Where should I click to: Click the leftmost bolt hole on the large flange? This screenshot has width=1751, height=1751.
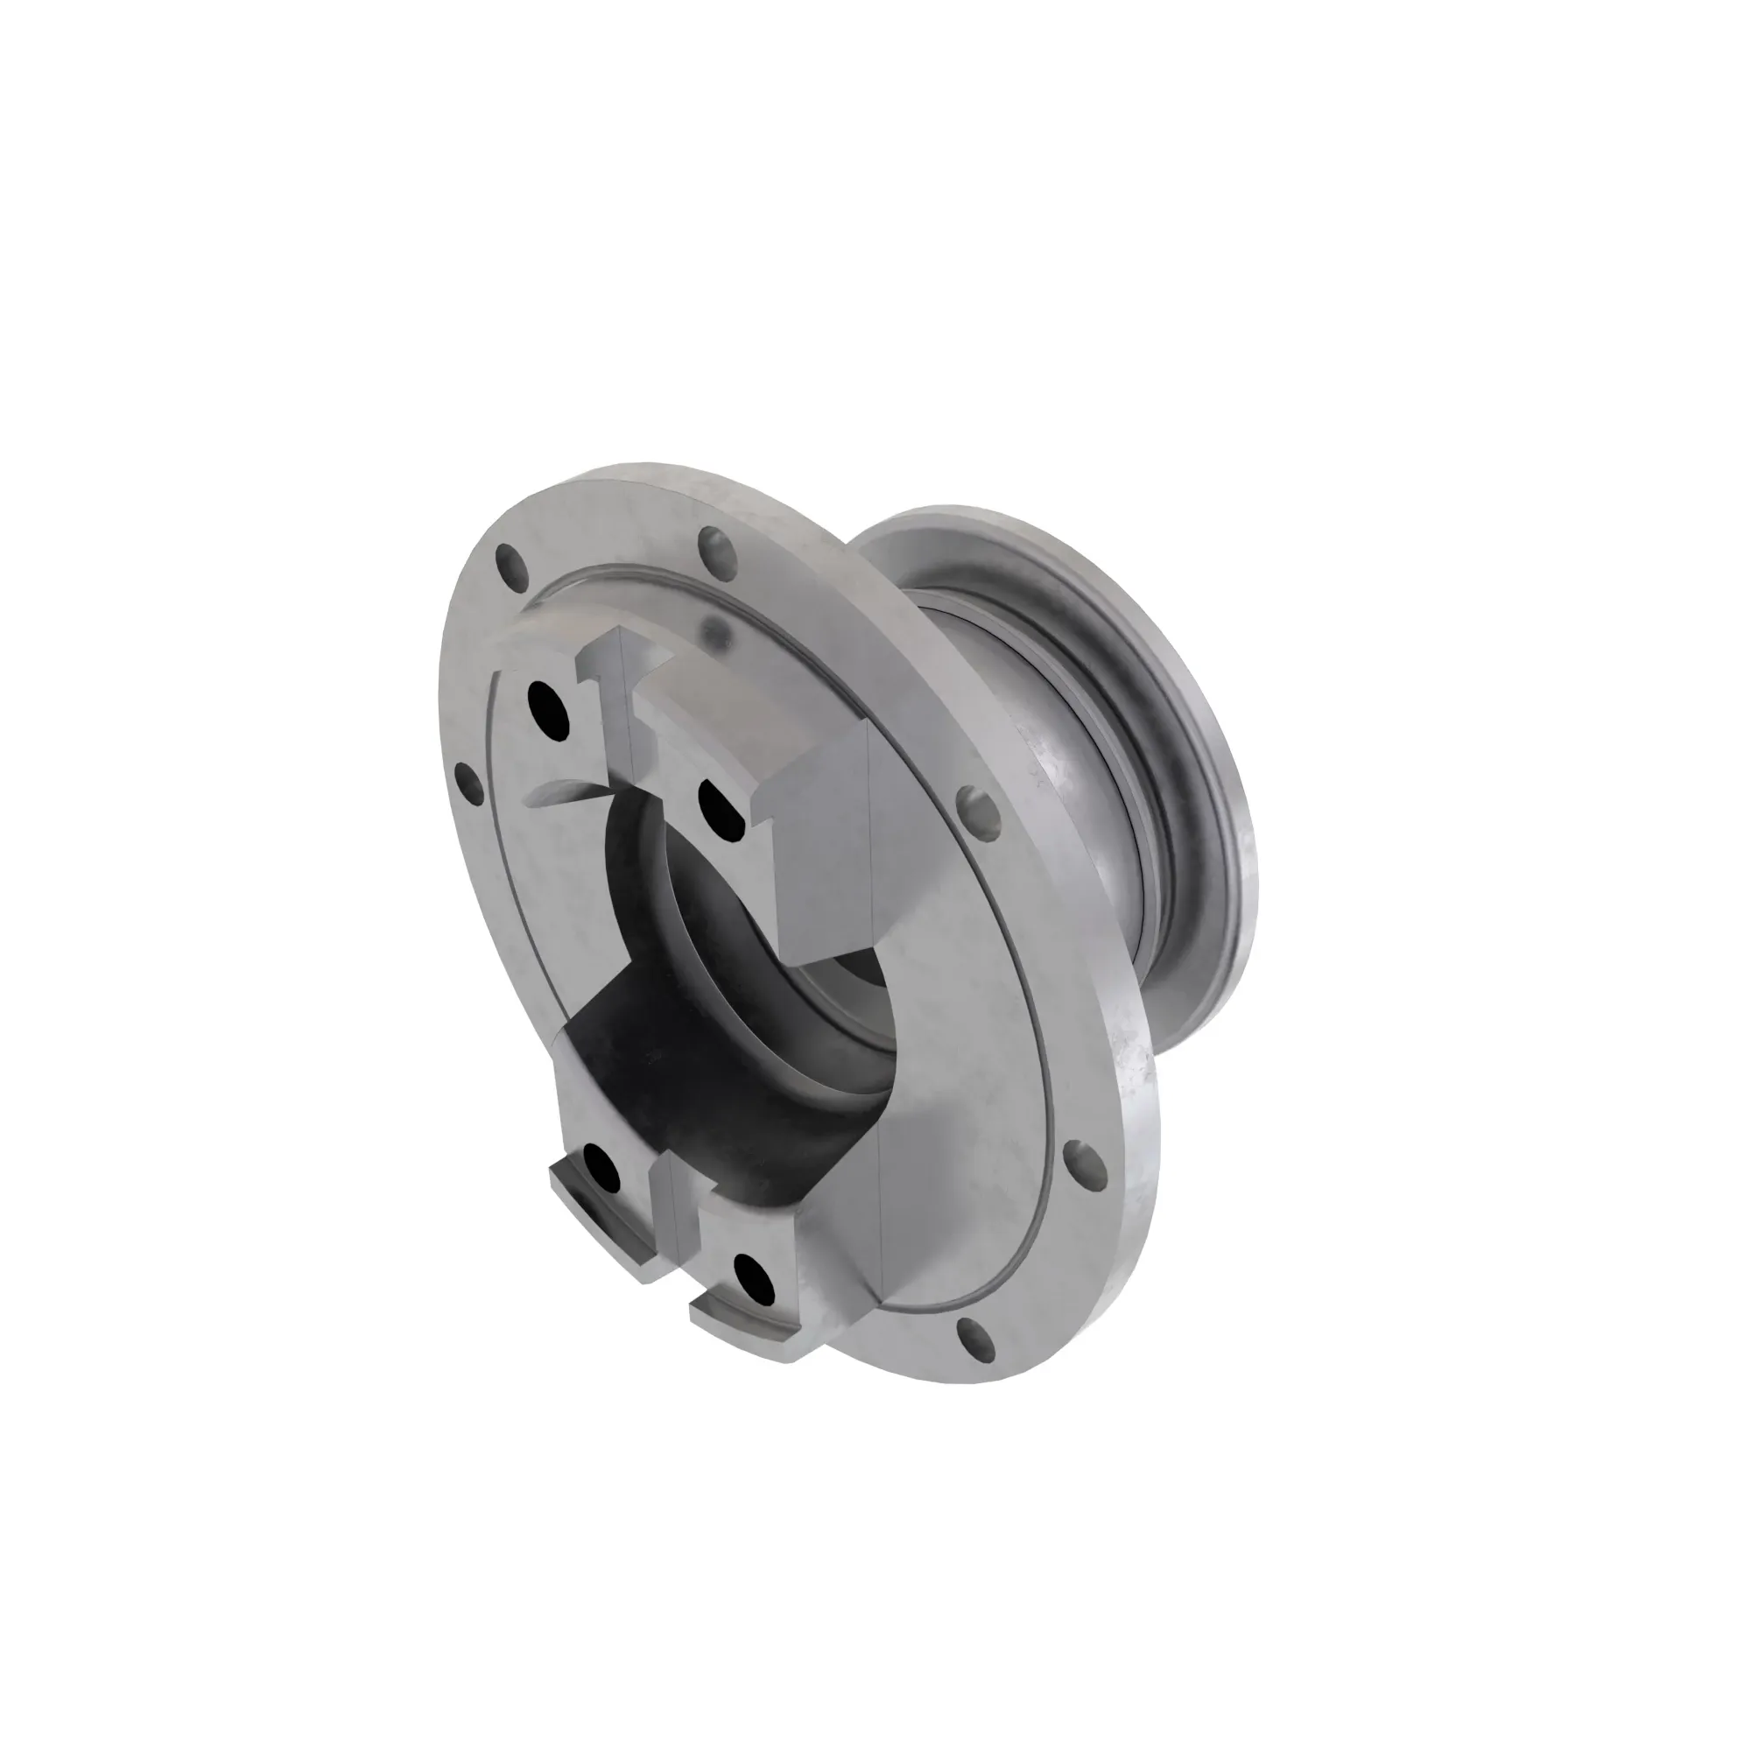468,777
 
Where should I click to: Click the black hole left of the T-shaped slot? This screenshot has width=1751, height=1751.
548,702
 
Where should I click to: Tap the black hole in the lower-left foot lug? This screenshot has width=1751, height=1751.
601,1166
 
